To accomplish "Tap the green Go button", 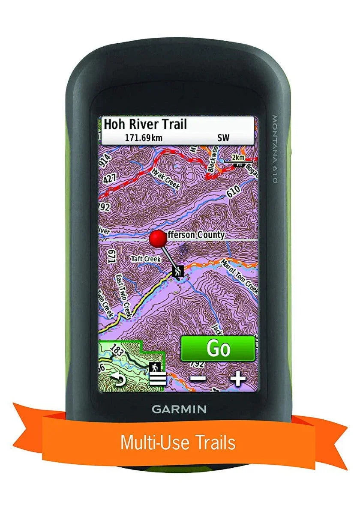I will click(x=218, y=348).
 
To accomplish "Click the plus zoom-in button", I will click(x=238, y=378).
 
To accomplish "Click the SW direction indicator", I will click(x=223, y=138).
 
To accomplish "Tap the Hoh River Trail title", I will click(x=146, y=125).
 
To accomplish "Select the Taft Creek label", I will click(x=146, y=259).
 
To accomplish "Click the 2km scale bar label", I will click(x=238, y=157).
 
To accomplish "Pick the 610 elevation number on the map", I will click(x=234, y=192).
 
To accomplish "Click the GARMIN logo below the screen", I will click(x=179, y=409).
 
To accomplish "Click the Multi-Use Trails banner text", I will click(x=178, y=442).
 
